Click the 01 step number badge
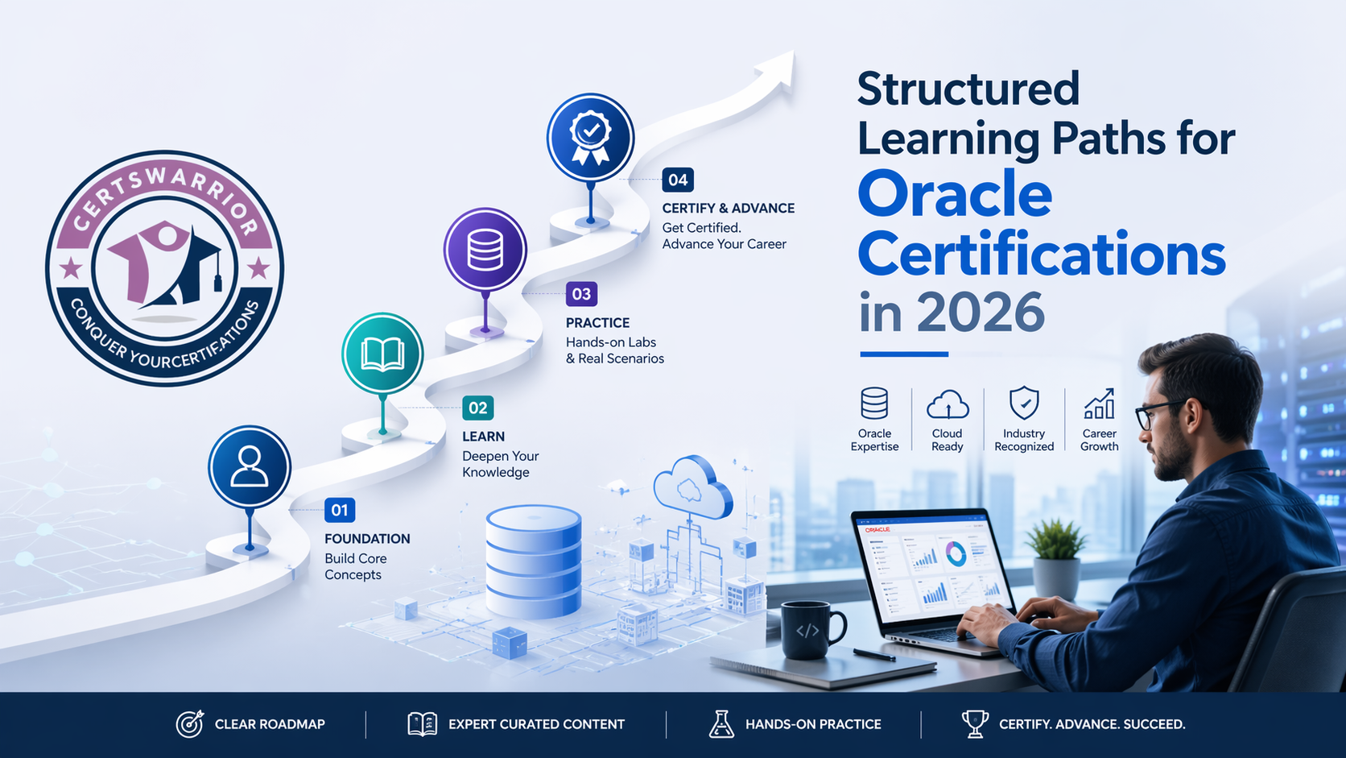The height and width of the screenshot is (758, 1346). tap(340, 511)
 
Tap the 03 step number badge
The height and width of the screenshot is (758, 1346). tap(581, 294)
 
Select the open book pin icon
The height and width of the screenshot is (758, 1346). tap(382, 354)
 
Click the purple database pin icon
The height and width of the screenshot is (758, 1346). tap(485, 250)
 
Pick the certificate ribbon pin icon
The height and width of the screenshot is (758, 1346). tap(590, 137)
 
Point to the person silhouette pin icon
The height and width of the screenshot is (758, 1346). tap(250, 467)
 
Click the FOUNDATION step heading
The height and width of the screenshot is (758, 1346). tap(367, 539)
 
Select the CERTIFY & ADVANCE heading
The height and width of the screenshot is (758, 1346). tap(729, 208)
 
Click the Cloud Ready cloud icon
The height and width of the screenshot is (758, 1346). tap(948, 404)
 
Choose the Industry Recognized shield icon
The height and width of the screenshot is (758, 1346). tap(1024, 403)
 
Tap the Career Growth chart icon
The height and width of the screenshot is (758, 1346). tap(1099, 404)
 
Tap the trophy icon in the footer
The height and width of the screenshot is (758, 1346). tap(975, 723)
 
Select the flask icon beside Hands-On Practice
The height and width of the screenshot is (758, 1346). tap(721, 723)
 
